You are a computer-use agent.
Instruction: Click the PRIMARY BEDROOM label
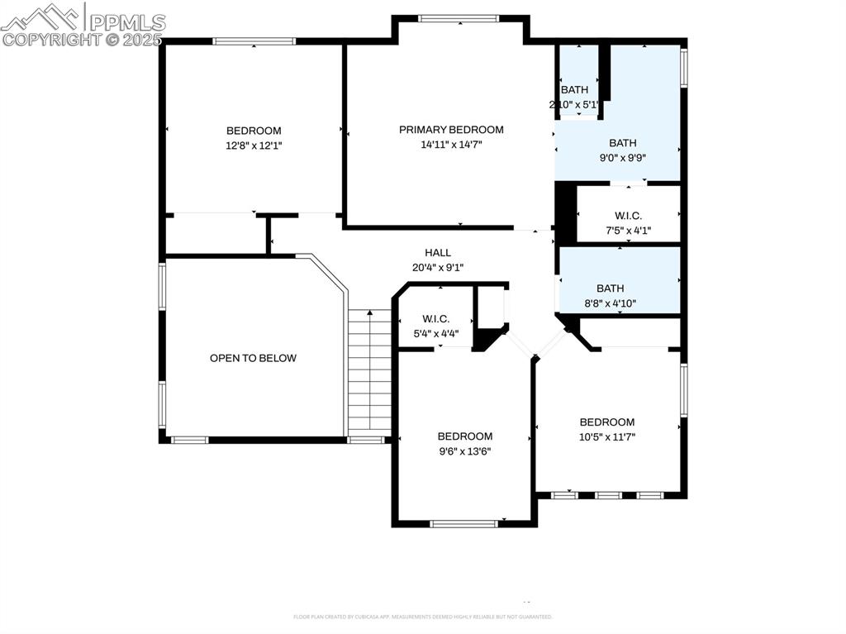click(451, 130)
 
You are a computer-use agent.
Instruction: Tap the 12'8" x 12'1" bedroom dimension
click(254, 145)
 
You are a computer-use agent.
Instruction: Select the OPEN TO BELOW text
click(253, 358)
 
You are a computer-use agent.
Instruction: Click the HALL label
click(438, 252)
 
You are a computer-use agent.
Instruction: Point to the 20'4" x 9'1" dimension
click(438, 267)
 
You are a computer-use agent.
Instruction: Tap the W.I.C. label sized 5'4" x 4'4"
click(435, 319)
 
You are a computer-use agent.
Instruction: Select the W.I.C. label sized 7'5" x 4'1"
click(628, 216)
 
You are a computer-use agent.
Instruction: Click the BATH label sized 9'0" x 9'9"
click(623, 143)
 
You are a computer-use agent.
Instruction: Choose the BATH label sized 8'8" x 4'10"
click(610, 288)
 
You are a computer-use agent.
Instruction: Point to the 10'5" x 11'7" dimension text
click(607, 436)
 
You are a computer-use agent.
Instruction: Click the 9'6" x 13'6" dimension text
click(465, 451)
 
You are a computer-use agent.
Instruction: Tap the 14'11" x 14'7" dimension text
click(451, 145)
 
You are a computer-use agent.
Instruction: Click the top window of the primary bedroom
click(459, 18)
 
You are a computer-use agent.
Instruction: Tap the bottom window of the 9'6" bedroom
click(464, 522)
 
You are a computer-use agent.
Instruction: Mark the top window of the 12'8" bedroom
click(254, 41)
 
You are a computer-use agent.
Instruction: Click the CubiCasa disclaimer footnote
click(422, 617)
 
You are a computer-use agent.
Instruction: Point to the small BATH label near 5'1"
click(574, 90)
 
